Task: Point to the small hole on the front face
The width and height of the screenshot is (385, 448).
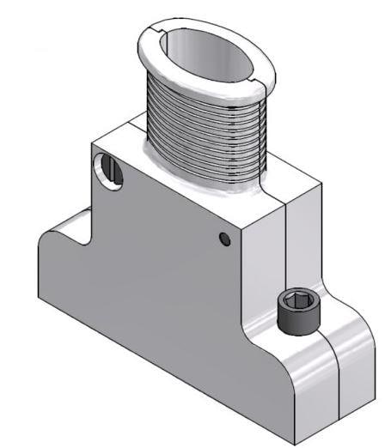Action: pyautogui.click(x=225, y=239)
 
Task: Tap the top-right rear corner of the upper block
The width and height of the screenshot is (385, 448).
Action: pyautogui.click(x=324, y=183)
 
